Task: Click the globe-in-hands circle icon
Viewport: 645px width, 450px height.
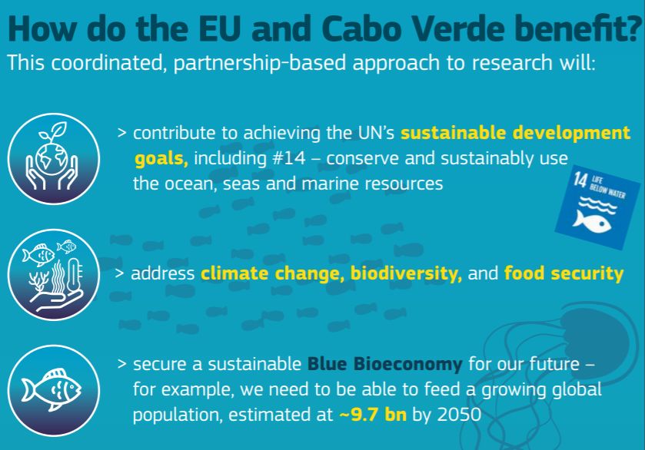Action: (54, 159)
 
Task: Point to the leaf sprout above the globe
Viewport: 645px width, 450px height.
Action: (55, 131)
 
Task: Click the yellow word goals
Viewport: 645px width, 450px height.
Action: (161, 159)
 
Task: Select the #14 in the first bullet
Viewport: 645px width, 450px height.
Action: (289, 158)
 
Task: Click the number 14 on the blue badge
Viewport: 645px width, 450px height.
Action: (580, 180)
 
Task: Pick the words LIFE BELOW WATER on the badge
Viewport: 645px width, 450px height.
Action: (608, 187)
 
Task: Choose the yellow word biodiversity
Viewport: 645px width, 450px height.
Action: (406, 274)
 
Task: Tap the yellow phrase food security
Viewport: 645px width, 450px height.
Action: (564, 273)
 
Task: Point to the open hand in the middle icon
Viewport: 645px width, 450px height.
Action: (60, 300)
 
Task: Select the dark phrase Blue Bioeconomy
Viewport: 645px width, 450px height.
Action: (385, 365)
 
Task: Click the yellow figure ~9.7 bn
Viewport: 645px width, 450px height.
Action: (373, 415)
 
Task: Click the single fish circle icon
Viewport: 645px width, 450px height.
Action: (54, 390)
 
